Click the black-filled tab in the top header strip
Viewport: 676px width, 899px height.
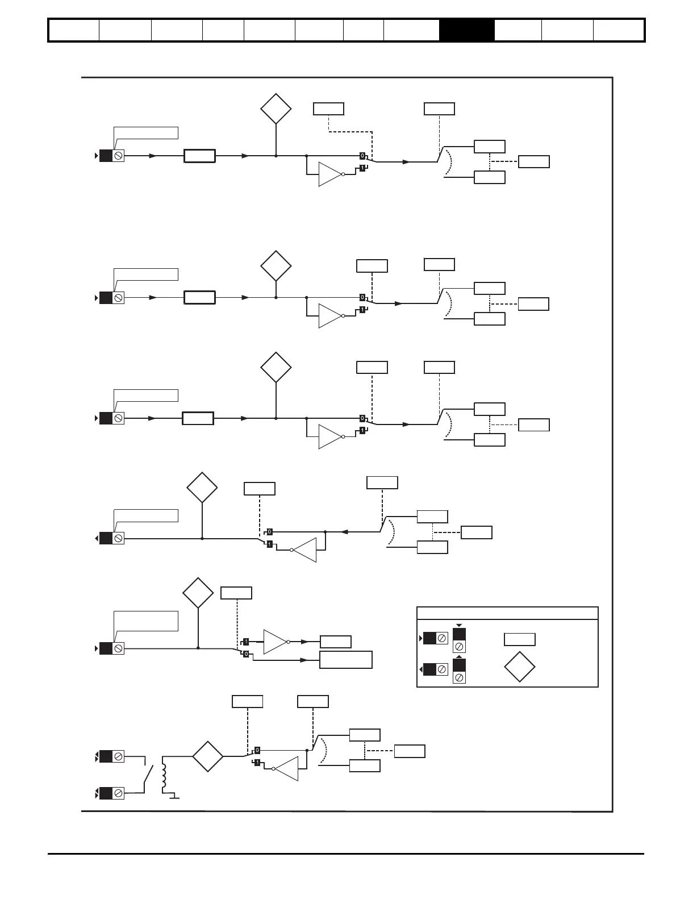tap(466, 30)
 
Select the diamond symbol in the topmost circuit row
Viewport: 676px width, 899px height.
tap(276, 108)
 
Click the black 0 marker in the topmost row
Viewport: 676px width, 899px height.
tap(362, 155)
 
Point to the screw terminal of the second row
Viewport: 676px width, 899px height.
tap(118, 297)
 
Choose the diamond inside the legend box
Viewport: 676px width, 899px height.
tap(519, 667)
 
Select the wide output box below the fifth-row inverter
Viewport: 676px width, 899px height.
tap(345, 660)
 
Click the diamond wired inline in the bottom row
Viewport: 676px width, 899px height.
tap(207, 756)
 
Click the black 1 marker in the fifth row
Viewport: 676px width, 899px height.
tap(246, 642)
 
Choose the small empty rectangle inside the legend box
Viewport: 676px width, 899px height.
tap(519, 639)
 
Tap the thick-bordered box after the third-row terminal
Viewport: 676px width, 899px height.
tap(198, 419)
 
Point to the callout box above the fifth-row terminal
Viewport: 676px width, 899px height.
tap(146, 621)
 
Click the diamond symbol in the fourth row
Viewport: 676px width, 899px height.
tap(202, 487)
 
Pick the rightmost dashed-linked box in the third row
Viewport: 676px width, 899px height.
tap(534, 424)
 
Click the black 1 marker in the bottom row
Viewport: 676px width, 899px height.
tap(257, 762)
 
